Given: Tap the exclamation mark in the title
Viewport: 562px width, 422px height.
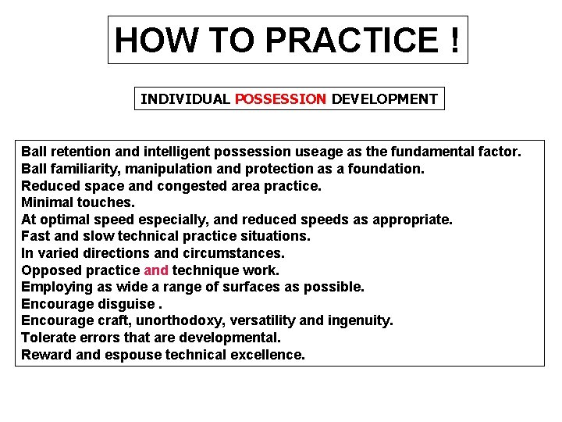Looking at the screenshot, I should (454, 40).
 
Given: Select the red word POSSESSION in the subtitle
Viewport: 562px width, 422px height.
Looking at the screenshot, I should (280, 99).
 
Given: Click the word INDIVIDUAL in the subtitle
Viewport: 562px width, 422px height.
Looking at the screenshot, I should (185, 99).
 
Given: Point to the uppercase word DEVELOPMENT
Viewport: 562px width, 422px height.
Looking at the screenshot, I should (385, 99).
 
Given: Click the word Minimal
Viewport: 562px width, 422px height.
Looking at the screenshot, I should (48, 202).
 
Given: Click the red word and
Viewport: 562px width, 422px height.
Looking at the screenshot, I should (156, 270).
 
